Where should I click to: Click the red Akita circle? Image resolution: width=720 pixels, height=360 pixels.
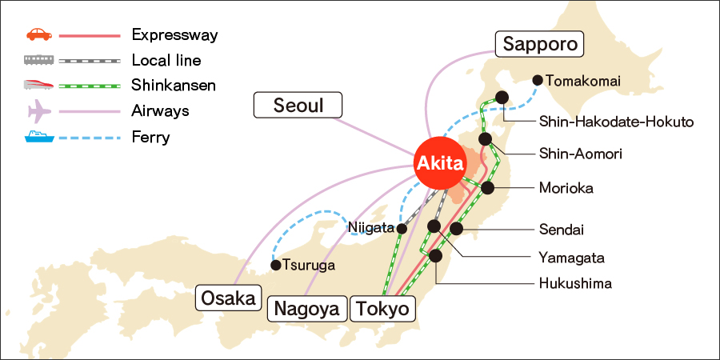tap(438, 164)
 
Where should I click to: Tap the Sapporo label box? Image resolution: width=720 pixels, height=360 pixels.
tap(540, 44)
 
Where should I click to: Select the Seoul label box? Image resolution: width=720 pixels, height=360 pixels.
tap(298, 105)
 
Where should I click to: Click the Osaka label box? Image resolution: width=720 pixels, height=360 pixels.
tap(230, 298)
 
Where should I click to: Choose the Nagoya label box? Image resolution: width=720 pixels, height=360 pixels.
tap(307, 308)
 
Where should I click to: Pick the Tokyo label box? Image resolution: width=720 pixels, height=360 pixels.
tap(382, 308)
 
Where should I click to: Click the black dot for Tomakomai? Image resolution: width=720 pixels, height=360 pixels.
tap(538, 80)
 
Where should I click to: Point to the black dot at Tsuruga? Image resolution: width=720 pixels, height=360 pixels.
tap(275, 265)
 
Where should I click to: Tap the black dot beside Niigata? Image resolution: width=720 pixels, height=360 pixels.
tap(402, 229)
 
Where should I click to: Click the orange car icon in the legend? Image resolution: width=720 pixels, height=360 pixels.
tap(38, 34)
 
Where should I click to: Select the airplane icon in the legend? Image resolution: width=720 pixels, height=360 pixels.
tap(39, 110)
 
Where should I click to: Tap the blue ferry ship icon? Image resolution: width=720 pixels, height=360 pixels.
tap(38, 136)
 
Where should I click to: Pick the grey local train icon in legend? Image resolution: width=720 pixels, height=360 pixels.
tap(38, 60)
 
